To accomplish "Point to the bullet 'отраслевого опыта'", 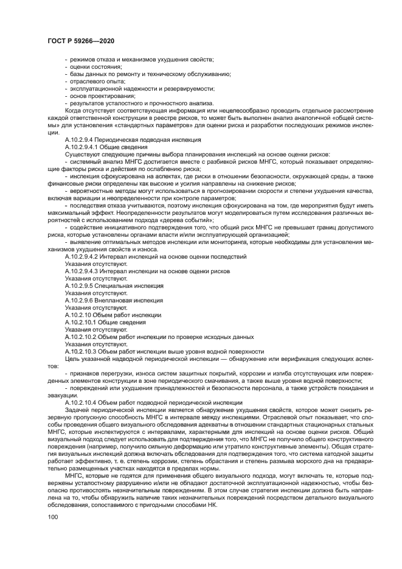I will pos(90,80).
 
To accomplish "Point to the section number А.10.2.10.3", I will pos(84,351).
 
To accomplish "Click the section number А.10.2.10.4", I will pos(84,403).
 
